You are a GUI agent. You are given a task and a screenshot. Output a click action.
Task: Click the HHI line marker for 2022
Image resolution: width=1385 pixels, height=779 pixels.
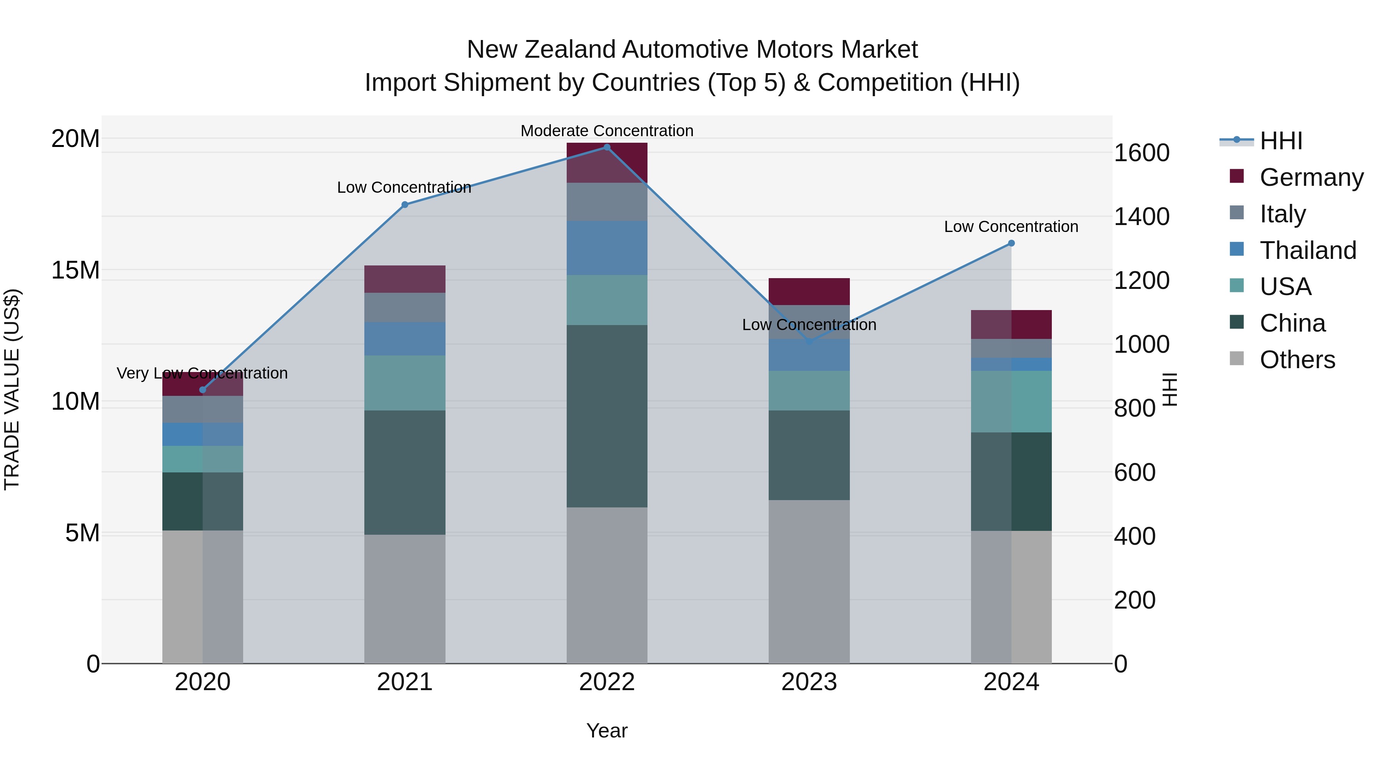(607, 147)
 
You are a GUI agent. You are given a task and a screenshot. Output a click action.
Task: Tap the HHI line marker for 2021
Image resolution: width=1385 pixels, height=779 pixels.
(405, 205)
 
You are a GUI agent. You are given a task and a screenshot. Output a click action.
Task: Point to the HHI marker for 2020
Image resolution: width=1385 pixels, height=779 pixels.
(203, 390)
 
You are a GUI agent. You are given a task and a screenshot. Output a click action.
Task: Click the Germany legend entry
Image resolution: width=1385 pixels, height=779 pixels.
(1311, 177)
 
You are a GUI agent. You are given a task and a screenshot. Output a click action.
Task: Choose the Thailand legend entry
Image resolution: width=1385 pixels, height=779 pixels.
(1308, 250)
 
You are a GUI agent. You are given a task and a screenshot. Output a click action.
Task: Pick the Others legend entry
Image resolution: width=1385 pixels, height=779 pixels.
(1297, 360)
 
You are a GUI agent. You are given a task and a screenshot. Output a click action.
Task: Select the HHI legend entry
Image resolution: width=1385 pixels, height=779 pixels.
(1281, 141)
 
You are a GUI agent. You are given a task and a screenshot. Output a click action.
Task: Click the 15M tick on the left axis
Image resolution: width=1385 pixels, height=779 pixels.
(75, 270)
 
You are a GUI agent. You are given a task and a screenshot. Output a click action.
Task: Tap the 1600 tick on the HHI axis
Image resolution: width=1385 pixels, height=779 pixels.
(1141, 153)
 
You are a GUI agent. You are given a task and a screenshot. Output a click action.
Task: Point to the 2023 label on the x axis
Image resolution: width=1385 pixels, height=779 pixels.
(809, 682)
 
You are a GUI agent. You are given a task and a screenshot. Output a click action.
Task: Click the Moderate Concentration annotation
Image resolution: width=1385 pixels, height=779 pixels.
(607, 131)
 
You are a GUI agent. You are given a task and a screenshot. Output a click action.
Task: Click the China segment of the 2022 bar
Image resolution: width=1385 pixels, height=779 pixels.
(607, 416)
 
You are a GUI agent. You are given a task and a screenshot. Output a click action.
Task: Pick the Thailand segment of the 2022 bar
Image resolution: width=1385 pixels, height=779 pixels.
(607, 248)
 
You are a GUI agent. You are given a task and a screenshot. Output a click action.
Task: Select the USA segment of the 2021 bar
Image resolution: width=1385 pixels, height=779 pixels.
(405, 383)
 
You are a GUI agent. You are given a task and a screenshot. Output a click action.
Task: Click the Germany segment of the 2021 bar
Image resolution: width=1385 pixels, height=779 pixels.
(405, 279)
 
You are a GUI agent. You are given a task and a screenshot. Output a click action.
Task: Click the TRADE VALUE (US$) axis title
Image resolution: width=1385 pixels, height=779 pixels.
(12, 389)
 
